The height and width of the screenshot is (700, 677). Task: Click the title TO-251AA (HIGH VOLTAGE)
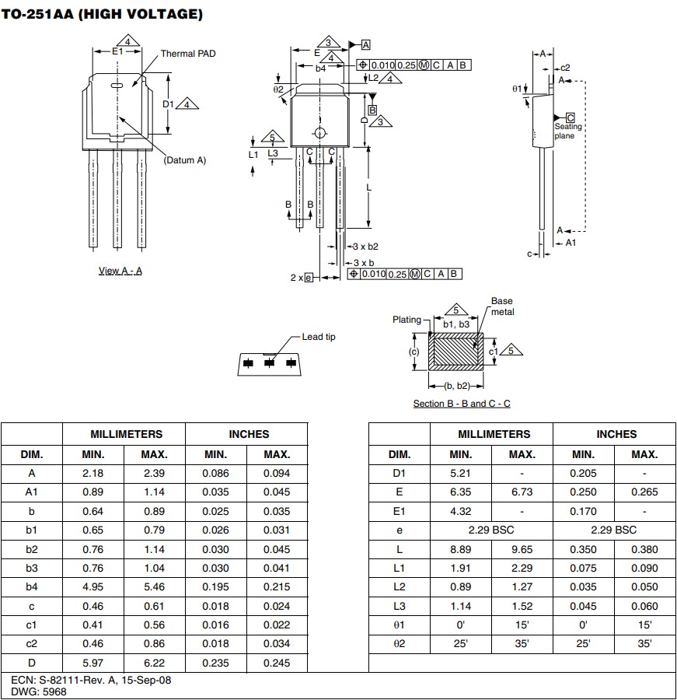(103, 14)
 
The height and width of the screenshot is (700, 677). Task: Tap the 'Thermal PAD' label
(187, 54)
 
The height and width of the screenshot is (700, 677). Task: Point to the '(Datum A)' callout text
(184, 159)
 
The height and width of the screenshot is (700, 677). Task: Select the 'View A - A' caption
(120, 271)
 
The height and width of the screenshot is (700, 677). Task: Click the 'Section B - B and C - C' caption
(461, 403)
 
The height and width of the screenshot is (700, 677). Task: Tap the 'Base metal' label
(501, 306)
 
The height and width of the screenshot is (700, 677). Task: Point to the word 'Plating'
(407, 319)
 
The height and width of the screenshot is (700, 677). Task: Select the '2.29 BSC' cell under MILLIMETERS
(491, 530)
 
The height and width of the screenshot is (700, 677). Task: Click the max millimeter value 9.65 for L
(522, 549)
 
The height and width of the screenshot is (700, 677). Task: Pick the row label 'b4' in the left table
(31, 587)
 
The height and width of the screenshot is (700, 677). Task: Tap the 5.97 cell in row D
(92, 663)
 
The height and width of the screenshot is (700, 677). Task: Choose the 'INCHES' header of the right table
(616, 434)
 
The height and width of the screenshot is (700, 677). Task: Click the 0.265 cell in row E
(644, 492)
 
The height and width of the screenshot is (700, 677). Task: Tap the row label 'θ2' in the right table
(399, 644)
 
